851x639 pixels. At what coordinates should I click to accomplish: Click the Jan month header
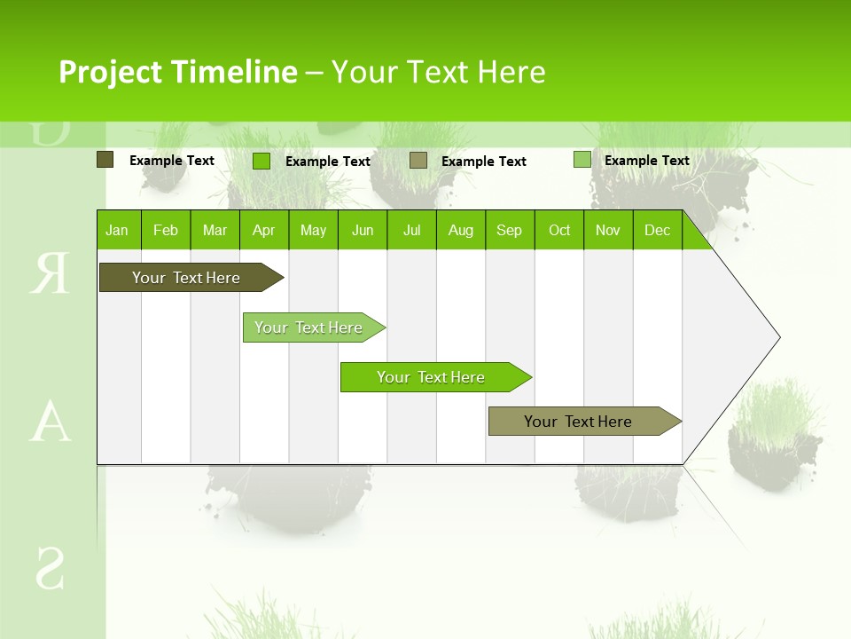[117, 230]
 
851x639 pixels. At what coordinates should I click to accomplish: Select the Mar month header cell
[215, 230]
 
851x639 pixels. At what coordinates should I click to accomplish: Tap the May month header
[313, 230]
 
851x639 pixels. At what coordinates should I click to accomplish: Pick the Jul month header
[411, 230]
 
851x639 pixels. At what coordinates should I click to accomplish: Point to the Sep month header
[509, 230]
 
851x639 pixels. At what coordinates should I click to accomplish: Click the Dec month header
[657, 230]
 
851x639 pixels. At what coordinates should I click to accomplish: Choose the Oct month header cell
[559, 230]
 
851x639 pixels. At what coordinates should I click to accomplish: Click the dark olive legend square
[105, 160]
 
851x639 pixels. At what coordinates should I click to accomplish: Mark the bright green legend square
[262, 161]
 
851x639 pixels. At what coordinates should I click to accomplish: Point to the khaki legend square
[418, 160]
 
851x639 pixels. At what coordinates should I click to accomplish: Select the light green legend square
[582, 160]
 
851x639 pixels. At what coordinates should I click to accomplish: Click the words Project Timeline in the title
[177, 72]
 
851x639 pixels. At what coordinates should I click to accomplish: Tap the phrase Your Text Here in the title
[438, 72]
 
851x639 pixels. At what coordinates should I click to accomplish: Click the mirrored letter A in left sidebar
[50, 423]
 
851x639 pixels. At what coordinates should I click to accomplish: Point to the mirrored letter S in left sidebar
[50, 569]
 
